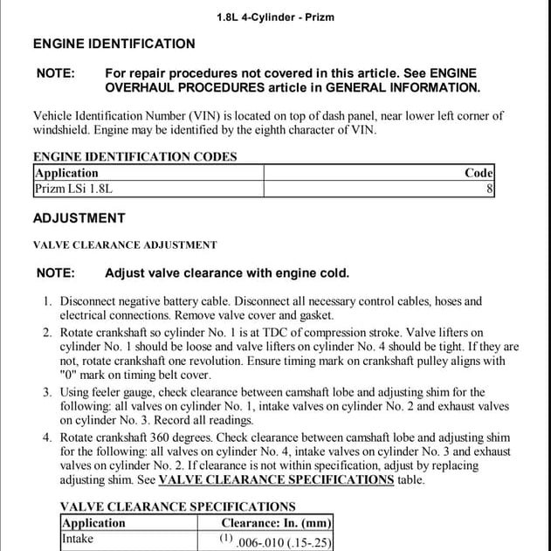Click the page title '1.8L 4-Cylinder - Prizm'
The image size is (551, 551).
[275, 17]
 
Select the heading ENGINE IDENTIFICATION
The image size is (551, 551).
[114, 44]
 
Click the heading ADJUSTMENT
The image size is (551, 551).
[79, 218]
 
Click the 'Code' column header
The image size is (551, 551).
[479, 173]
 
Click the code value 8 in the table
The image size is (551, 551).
[490, 188]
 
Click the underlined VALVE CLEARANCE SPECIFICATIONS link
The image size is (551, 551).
[276, 479]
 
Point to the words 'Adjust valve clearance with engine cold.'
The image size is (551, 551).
[226, 273]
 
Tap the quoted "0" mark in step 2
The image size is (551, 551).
[70, 375]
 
